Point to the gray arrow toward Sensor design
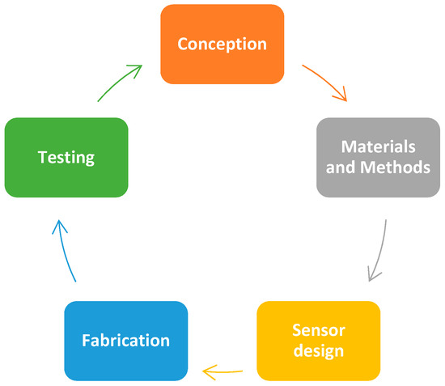(379, 251)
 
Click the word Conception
(222, 44)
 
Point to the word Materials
(378, 147)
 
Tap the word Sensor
(319, 331)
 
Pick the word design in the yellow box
(319, 351)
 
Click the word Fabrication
(125, 341)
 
